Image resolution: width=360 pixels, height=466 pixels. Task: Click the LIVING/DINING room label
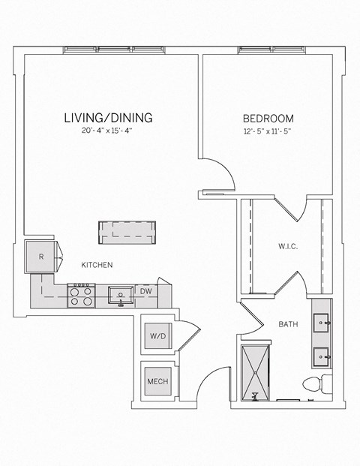click(x=108, y=118)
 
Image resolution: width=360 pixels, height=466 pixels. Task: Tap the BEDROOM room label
click(x=268, y=119)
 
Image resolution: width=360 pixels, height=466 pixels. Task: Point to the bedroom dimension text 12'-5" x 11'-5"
click(x=268, y=131)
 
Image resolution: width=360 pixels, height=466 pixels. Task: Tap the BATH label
click(x=289, y=324)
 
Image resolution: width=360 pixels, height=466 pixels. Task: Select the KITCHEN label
click(x=97, y=265)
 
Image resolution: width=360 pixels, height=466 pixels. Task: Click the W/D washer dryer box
click(x=157, y=335)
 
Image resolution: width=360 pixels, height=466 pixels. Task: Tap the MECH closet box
click(x=157, y=381)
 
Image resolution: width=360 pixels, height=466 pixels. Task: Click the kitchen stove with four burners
click(x=82, y=296)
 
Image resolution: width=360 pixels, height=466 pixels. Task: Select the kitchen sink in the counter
click(x=120, y=294)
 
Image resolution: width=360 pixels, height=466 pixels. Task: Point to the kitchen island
click(x=128, y=232)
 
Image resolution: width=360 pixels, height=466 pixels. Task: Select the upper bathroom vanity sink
click(x=324, y=323)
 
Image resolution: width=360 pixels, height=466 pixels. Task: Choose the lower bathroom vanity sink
click(x=324, y=355)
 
